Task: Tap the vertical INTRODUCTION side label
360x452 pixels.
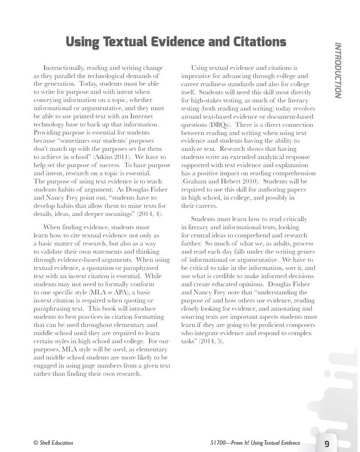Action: coord(338,70)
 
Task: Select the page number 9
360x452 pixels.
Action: coord(327,443)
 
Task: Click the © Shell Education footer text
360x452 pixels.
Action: coord(53,443)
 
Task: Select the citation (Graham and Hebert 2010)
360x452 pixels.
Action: coord(218,181)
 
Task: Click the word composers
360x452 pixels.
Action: coord(299,325)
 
